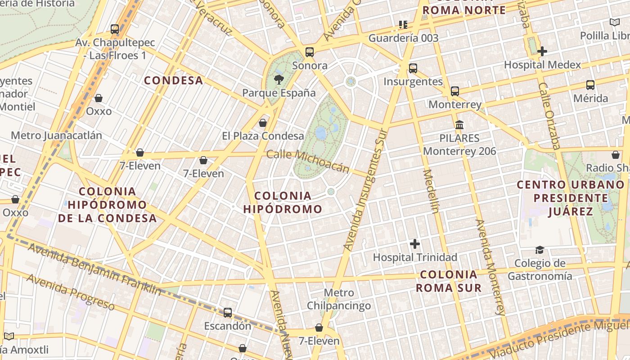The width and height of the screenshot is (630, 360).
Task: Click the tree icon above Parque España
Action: pos(279,80)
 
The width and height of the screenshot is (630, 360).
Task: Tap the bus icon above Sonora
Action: pos(310,52)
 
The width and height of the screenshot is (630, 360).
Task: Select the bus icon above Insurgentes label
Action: pos(413,68)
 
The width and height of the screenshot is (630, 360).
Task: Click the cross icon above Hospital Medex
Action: pos(542,51)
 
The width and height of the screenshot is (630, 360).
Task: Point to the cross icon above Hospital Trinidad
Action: pos(415,244)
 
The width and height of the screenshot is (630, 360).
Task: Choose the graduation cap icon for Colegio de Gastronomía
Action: pos(540,250)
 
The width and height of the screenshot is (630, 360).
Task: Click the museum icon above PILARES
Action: pos(459,125)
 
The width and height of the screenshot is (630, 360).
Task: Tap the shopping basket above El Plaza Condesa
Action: pos(263,122)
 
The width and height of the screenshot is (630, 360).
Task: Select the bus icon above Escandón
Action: pos(228,312)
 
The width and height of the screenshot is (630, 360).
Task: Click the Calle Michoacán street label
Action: pos(308,161)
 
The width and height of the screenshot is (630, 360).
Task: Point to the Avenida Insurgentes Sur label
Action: pos(365,189)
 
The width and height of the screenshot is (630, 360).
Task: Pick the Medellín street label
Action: pos(431,191)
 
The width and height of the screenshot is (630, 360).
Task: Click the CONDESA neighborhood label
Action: pos(173,81)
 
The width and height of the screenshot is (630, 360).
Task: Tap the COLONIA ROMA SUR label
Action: pos(449,281)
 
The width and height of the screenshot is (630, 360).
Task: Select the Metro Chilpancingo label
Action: pos(339,299)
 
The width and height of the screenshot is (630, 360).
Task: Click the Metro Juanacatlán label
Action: pos(56,135)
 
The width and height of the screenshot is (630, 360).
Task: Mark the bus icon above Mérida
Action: pos(590,85)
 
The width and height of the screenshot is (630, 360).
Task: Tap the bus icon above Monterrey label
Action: pos(455,91)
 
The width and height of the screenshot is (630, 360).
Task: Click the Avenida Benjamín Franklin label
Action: pos(94,269)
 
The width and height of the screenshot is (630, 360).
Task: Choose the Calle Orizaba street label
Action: pos(549,116)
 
